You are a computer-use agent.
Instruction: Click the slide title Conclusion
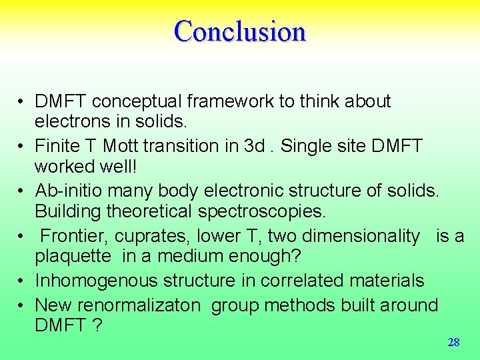pyautogui.click(x=240, y=31)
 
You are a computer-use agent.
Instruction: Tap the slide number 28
pyautogui.click(x=453, y=343)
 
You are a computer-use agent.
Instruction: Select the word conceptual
pyautogui.click(x=137, y=101)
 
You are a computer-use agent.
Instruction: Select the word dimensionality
pyautogui.click(x=361, y=236)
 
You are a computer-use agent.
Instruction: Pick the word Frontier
pyautogui.click(x=74, y=236)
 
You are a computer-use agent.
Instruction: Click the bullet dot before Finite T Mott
pyautogui.click(x=22, y=146)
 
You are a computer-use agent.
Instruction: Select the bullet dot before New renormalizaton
pyautogui.click(x=22, y=305)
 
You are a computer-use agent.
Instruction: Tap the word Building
pyautogui.click(x=65, y=211)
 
